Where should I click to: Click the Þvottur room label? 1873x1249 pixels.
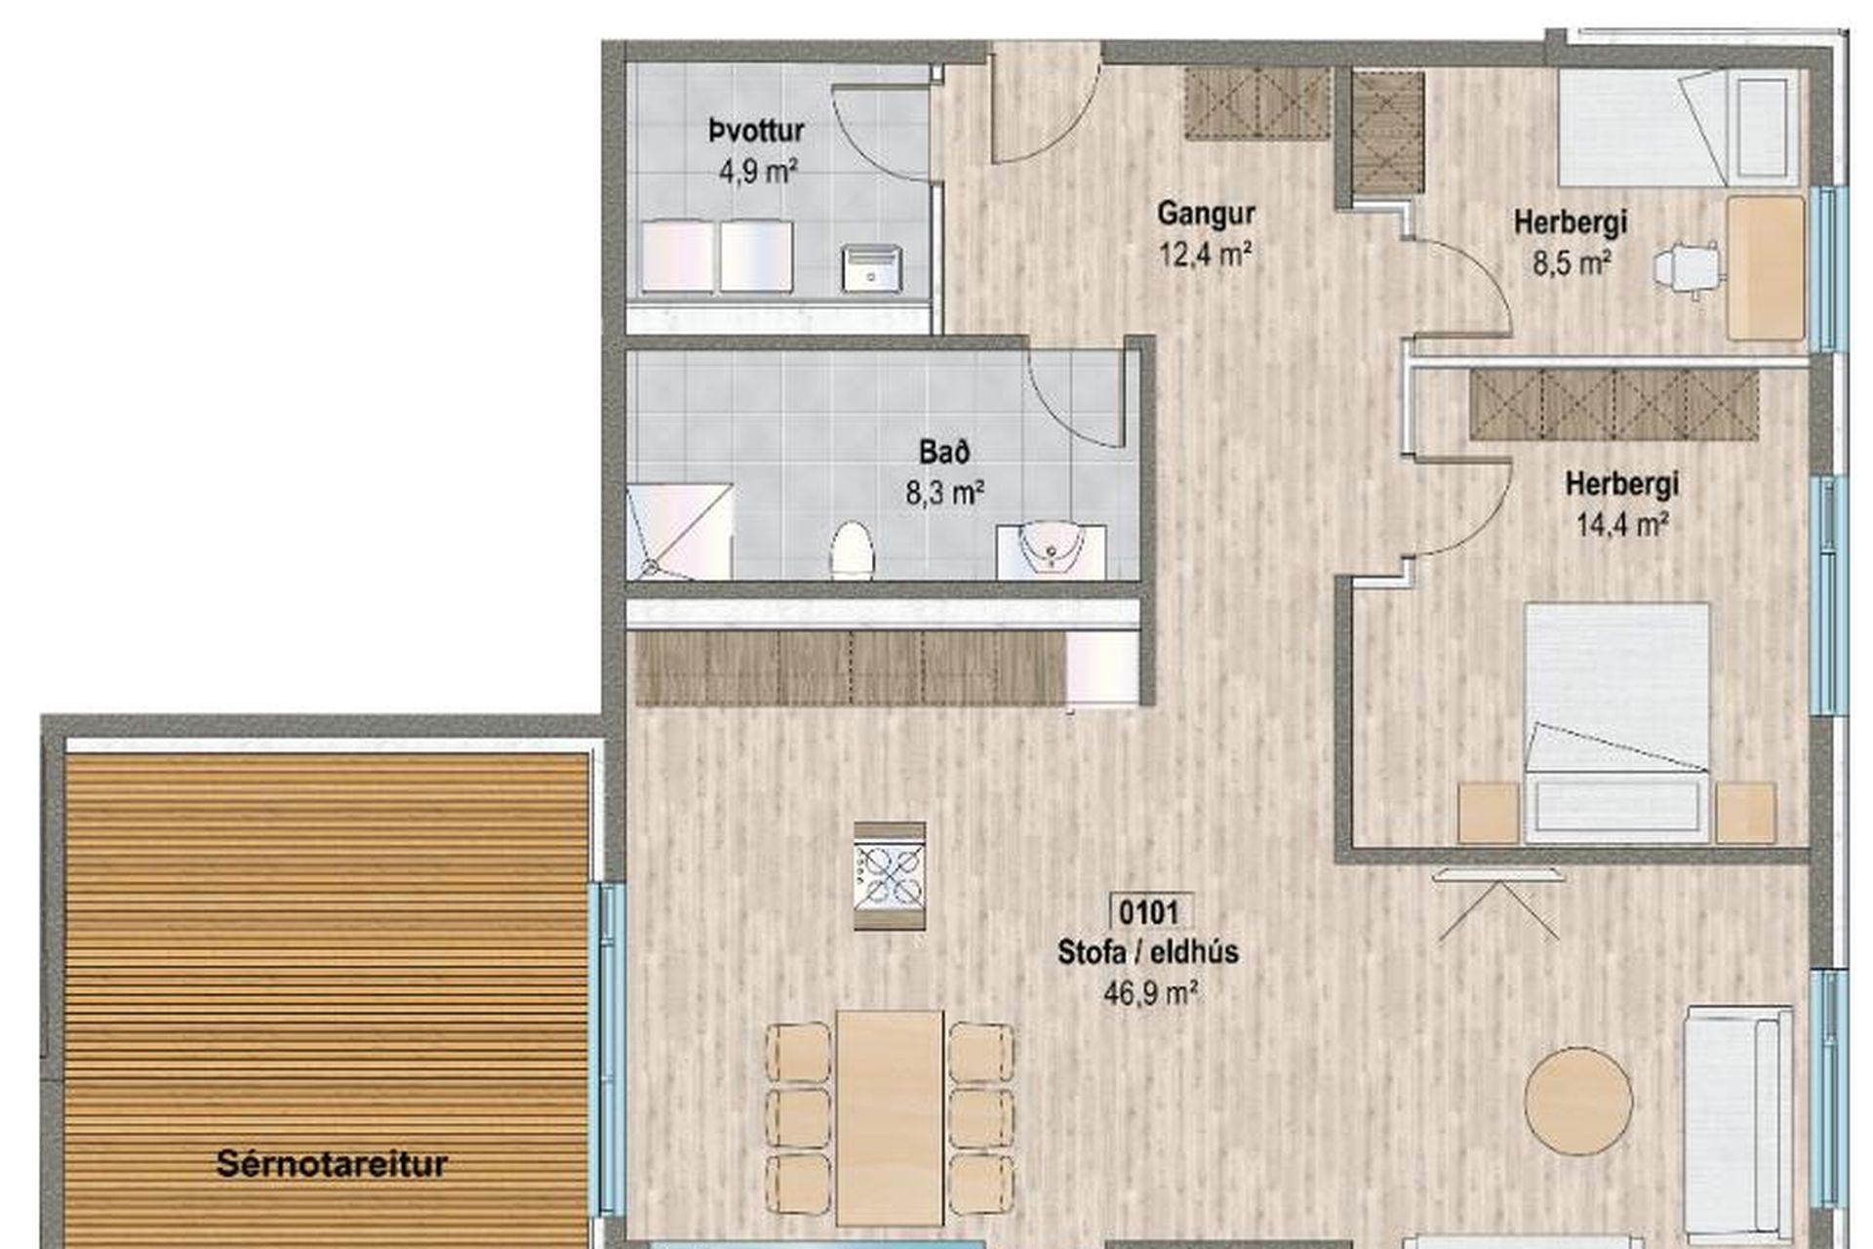point(756,131)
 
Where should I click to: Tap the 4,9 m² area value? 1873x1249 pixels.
point(758,172)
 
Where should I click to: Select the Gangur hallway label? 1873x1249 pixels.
point(1206,214)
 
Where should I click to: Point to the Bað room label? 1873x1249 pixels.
point(944,452)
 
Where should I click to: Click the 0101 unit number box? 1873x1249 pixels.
point(1150,912)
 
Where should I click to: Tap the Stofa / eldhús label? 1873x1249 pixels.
point(1148,952)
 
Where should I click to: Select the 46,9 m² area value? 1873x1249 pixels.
point(1151,993)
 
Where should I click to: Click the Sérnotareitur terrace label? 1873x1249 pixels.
point(332,1164)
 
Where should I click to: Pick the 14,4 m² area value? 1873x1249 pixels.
point(1622,525)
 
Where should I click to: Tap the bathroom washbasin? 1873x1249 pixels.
point(1052,548)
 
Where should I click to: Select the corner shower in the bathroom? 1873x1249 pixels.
point(679,532)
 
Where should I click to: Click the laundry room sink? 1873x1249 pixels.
point(872,268)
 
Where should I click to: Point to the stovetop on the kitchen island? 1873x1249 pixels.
point(889,875)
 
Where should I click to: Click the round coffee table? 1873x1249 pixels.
point(1578,1102)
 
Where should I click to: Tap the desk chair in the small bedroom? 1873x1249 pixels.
point(1687,267)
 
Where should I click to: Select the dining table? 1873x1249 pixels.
point(890,1117)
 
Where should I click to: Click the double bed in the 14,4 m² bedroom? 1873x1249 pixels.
point(1616,723)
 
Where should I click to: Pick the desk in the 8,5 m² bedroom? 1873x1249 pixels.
point(1766,268)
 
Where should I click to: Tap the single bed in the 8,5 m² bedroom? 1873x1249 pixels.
point(1678,128)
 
